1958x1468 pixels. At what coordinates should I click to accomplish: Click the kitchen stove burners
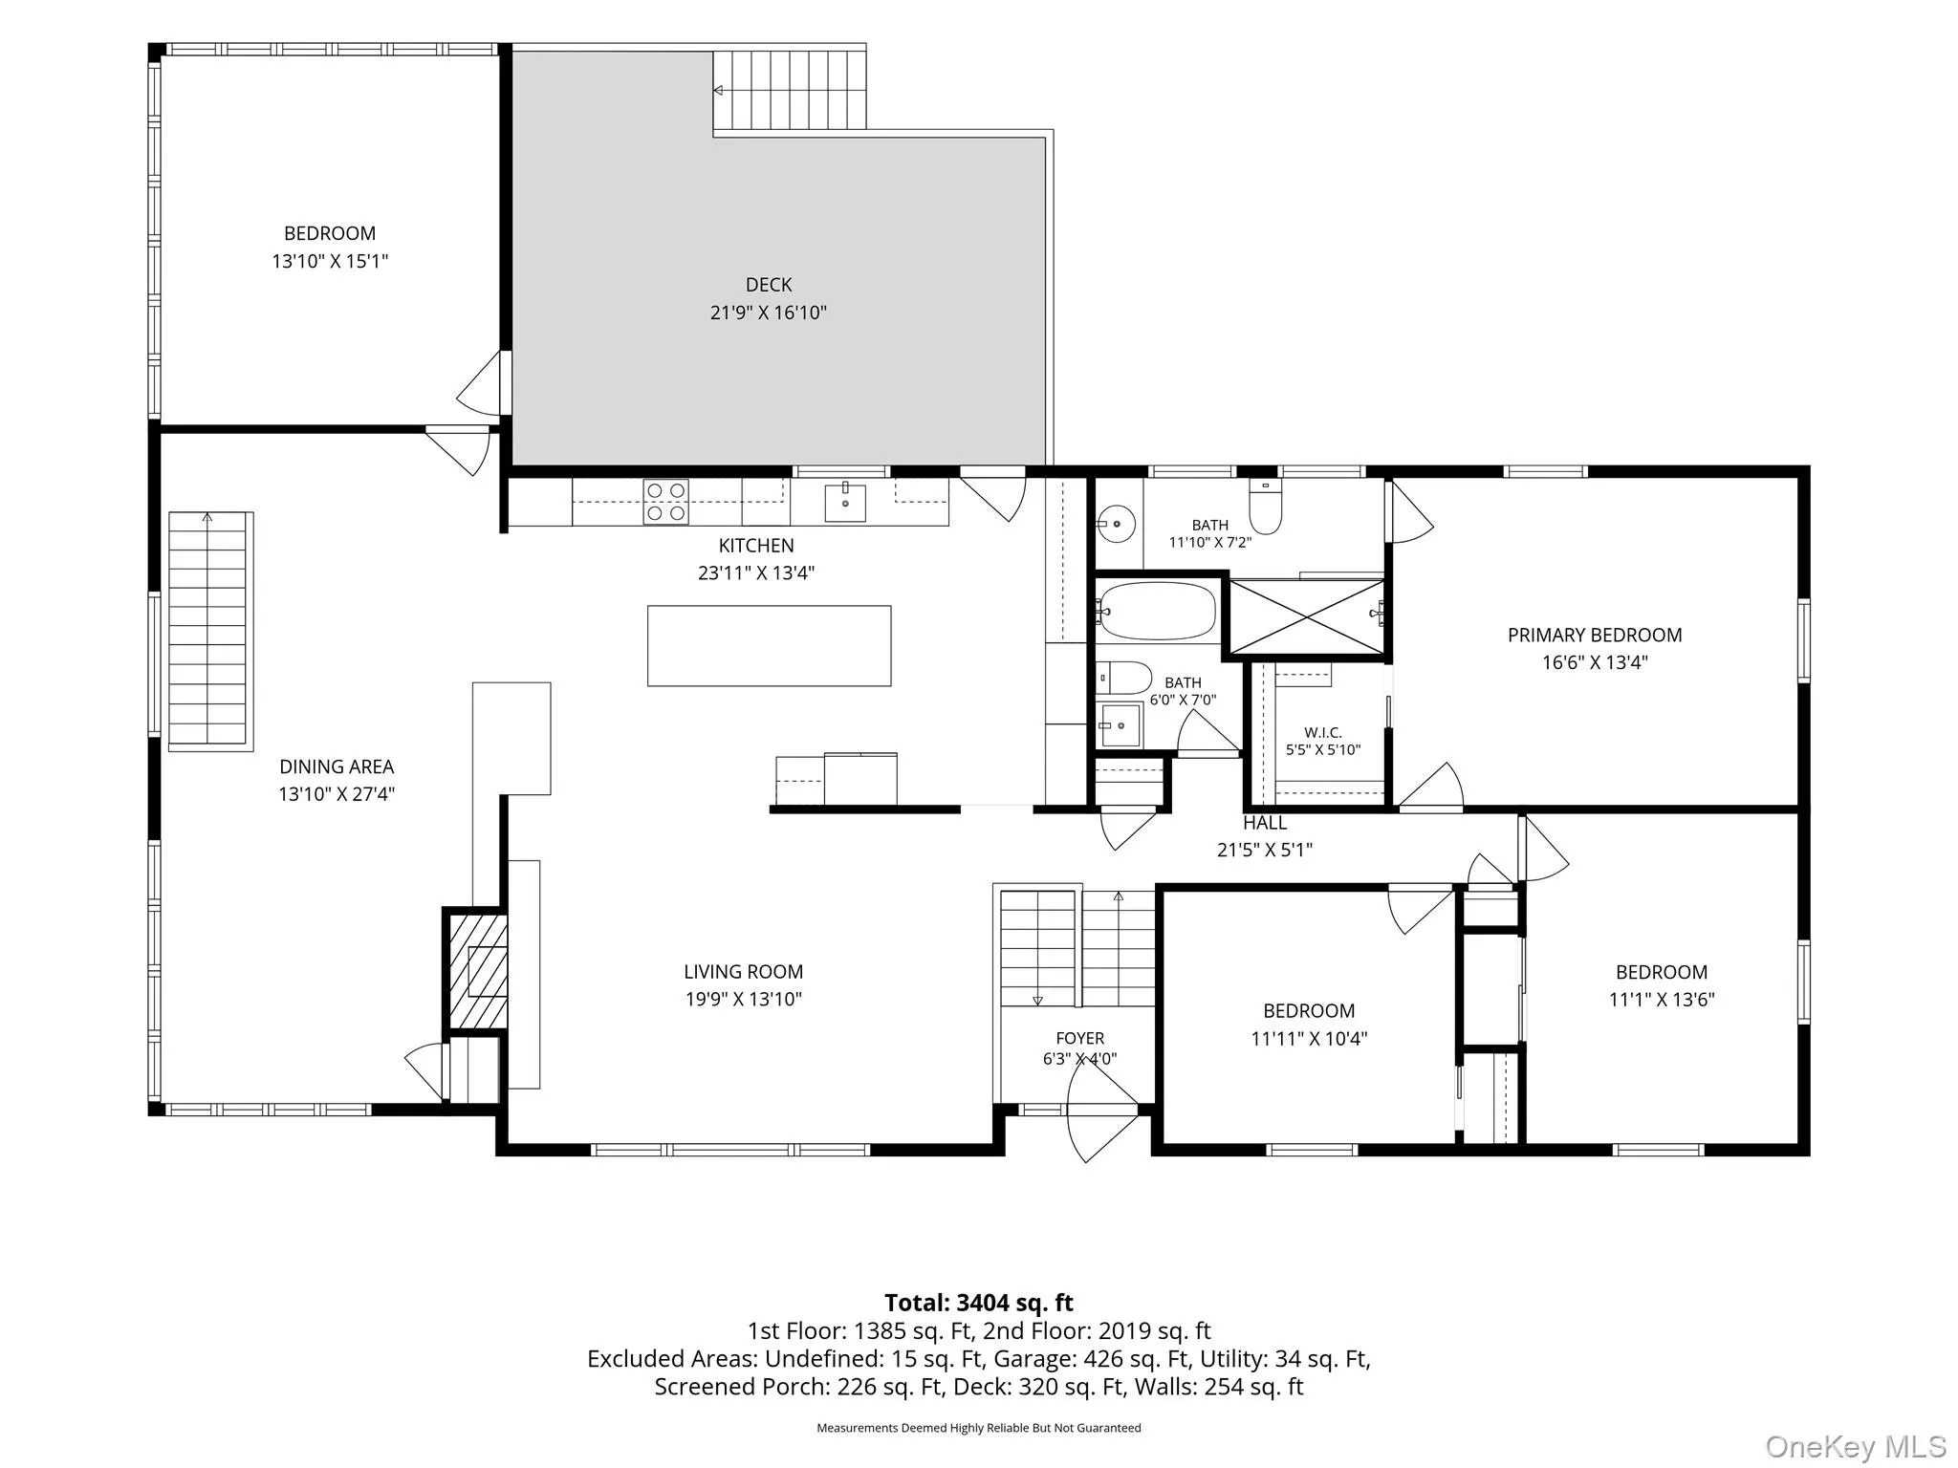tap(666, 502)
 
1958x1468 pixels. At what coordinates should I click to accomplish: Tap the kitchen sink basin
tap(845, 504)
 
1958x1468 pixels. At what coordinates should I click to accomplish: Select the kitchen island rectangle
tap(769, 645)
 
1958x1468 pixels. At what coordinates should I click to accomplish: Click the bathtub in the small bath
tap(1157, 611)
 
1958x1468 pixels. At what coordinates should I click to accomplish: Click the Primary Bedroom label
tap(1595, 635)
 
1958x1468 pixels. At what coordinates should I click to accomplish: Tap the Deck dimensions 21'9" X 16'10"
tap(769, 313)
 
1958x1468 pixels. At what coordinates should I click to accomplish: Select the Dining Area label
tap(337, 766)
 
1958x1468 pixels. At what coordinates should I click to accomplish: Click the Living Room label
tap(743, 972)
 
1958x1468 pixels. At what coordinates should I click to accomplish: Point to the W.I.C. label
tap(1323, 733)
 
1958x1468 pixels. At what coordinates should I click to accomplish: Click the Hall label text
tap(1265, 822)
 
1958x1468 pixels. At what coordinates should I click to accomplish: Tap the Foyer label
tap(1080, 1038)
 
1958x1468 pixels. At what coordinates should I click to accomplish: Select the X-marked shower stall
tap(1306, 616)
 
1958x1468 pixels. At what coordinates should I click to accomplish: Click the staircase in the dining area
tap(210, 631)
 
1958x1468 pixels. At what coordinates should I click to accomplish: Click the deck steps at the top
tap(790, 90)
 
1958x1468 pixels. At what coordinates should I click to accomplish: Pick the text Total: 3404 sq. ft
tap(979, 1303)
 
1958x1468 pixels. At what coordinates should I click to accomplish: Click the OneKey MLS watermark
tap(1856, 1447)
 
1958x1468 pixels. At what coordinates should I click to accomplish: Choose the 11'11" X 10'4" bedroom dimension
tap(1309, 1038)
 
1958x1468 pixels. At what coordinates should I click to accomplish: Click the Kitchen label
tap(756, 546)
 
